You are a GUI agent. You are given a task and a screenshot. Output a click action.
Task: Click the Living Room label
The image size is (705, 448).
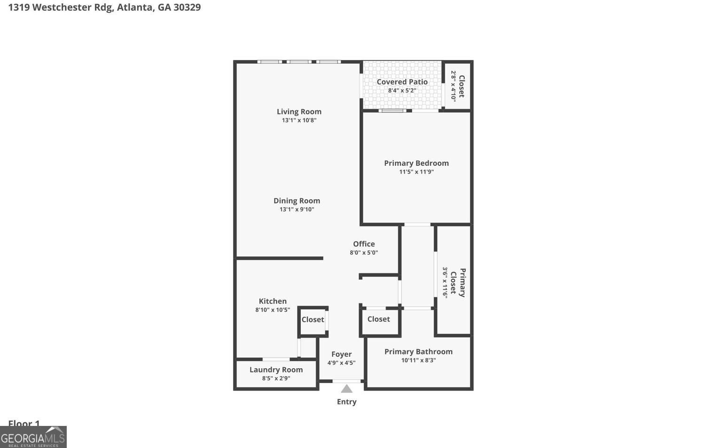point(299,112)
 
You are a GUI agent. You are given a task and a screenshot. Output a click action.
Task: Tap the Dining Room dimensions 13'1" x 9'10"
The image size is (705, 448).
point(297,209)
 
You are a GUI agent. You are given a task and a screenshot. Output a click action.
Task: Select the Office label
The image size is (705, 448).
point(364,244)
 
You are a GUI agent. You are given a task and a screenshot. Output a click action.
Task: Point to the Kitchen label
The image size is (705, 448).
point(273,301)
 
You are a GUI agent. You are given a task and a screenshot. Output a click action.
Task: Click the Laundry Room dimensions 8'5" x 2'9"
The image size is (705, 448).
point(276,378)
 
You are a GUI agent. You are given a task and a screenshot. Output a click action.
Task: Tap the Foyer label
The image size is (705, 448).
point(341,355)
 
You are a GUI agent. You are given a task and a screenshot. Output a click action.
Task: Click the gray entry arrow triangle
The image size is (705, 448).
point(346,389)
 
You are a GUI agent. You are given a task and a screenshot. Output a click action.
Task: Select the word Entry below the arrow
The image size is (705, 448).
point(346,402)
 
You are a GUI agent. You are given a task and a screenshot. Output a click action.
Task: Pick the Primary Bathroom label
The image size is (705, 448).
point(418,352)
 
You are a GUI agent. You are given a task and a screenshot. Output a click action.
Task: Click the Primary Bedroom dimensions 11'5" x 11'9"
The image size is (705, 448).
point(416,172)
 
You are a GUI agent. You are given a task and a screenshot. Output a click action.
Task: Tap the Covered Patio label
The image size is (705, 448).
point(402,82)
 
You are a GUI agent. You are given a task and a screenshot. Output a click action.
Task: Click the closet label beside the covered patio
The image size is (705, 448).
point(462,86)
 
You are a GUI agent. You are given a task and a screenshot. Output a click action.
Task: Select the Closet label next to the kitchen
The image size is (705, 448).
point(313,320)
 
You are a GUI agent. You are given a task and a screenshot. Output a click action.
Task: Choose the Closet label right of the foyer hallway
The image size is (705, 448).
point(378,319)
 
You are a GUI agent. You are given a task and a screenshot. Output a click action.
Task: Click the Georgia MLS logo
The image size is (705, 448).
point(33,438)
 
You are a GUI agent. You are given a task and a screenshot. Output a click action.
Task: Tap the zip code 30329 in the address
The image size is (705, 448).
point(187,8)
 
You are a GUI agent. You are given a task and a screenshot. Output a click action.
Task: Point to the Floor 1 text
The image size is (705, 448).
point(24,423)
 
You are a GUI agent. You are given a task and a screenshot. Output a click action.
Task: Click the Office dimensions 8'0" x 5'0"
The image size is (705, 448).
point(364,253)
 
